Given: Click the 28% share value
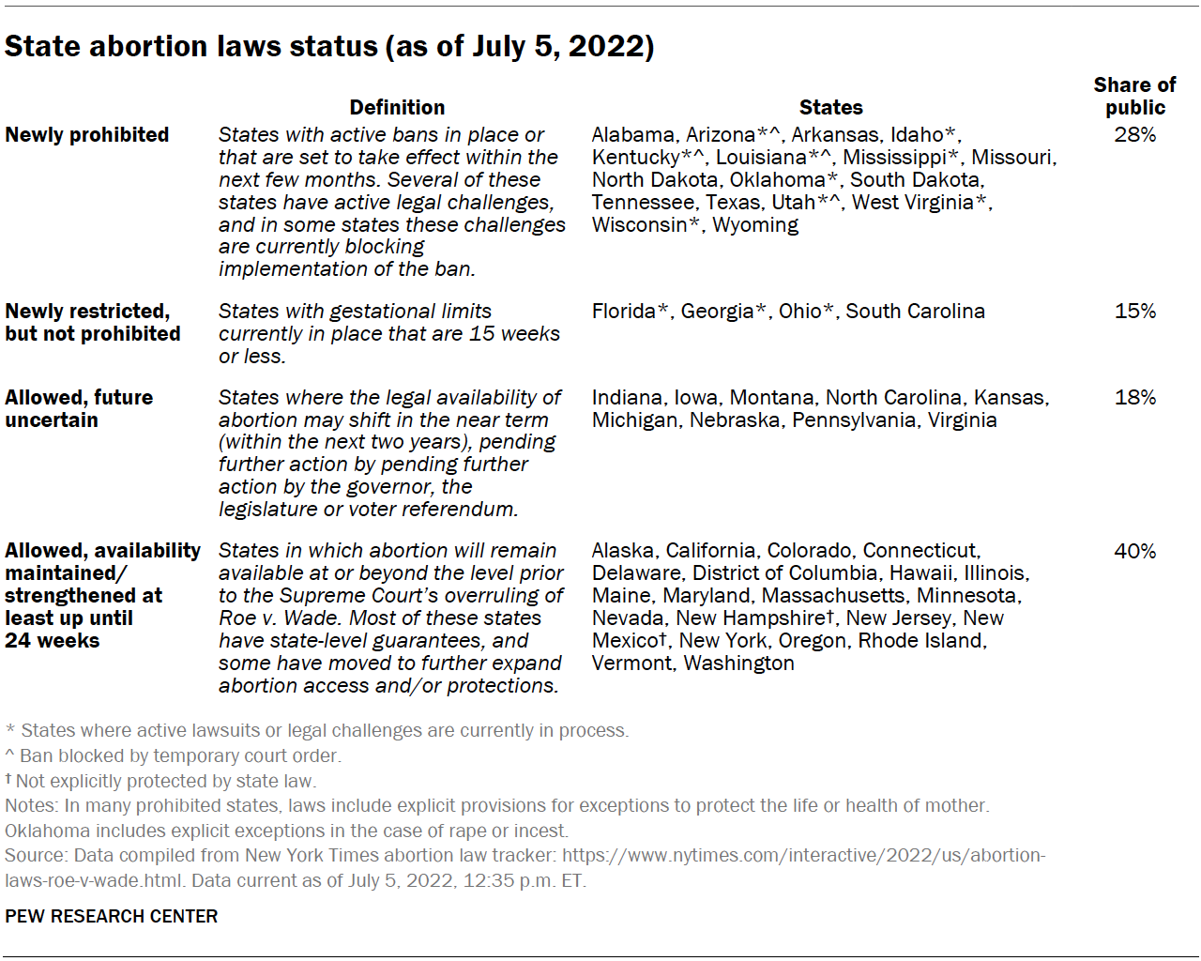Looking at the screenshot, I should [x=1134, y=135].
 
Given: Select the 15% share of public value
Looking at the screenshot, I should [x=1134, y=312].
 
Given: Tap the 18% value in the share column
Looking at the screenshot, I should [x=1134, y=398].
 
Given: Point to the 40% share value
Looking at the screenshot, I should [x=1134, y=552].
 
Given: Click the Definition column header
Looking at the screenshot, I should [x=397, y=108].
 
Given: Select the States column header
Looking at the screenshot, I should [x=830, y=108].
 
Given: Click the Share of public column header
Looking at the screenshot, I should [x=1134, y=97].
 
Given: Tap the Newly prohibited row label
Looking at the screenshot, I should [x=87, y=135].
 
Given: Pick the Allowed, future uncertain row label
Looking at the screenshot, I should [x=79, y=409].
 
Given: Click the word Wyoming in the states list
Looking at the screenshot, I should [x=755, y=225].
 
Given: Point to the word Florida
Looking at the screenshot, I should [x=624, y=312].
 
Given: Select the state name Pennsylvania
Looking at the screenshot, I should [x=854, y=420].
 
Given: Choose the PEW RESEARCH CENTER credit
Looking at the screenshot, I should [x=111, y=916].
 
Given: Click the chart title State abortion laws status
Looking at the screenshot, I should [x=328, y=46].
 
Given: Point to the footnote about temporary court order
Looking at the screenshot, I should [x=174, y=755].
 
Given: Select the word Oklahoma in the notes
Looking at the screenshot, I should [x=48, y=831].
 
